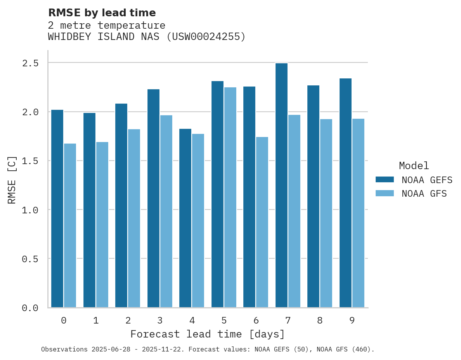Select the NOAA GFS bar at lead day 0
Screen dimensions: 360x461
tap(70, 225)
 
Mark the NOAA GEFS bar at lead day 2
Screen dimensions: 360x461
tap(121, 205)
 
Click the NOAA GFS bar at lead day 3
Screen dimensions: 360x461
tap(166, 211)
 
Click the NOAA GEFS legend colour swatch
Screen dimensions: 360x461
tap(385, 180)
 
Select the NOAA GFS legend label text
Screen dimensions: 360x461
tap(424, 194)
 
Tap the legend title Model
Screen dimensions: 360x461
tap(414, 166)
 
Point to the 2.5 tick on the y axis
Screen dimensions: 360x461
tap(30, 63)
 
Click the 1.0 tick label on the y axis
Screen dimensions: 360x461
tap(30, 210)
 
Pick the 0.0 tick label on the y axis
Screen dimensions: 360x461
tap(30, 308)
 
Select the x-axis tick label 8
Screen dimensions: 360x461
tap(320, 320)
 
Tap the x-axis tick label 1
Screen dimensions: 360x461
tap(95, 320)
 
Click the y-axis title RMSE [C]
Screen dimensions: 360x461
tap(12, 180)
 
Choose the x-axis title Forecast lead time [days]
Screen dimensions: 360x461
tap(208, 334)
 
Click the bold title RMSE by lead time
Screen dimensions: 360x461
tap(102, 13)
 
